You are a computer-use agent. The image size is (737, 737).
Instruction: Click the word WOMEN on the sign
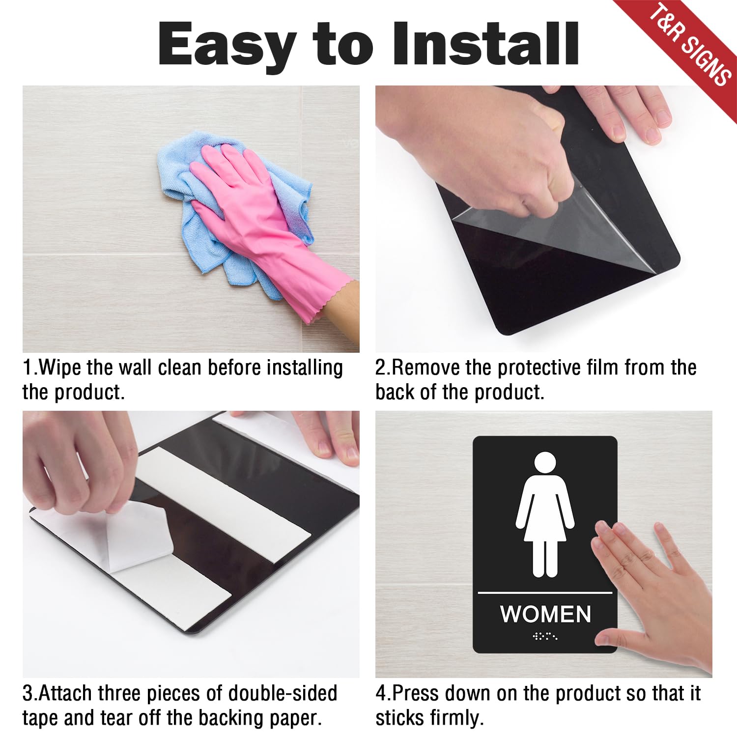545,614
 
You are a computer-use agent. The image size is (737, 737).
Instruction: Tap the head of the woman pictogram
545,465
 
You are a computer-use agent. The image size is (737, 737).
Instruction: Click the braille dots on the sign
545,637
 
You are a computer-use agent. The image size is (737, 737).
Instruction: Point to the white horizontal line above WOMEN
545,593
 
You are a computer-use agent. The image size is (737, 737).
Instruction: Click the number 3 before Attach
28,693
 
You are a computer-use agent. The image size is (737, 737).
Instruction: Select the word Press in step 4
415,693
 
